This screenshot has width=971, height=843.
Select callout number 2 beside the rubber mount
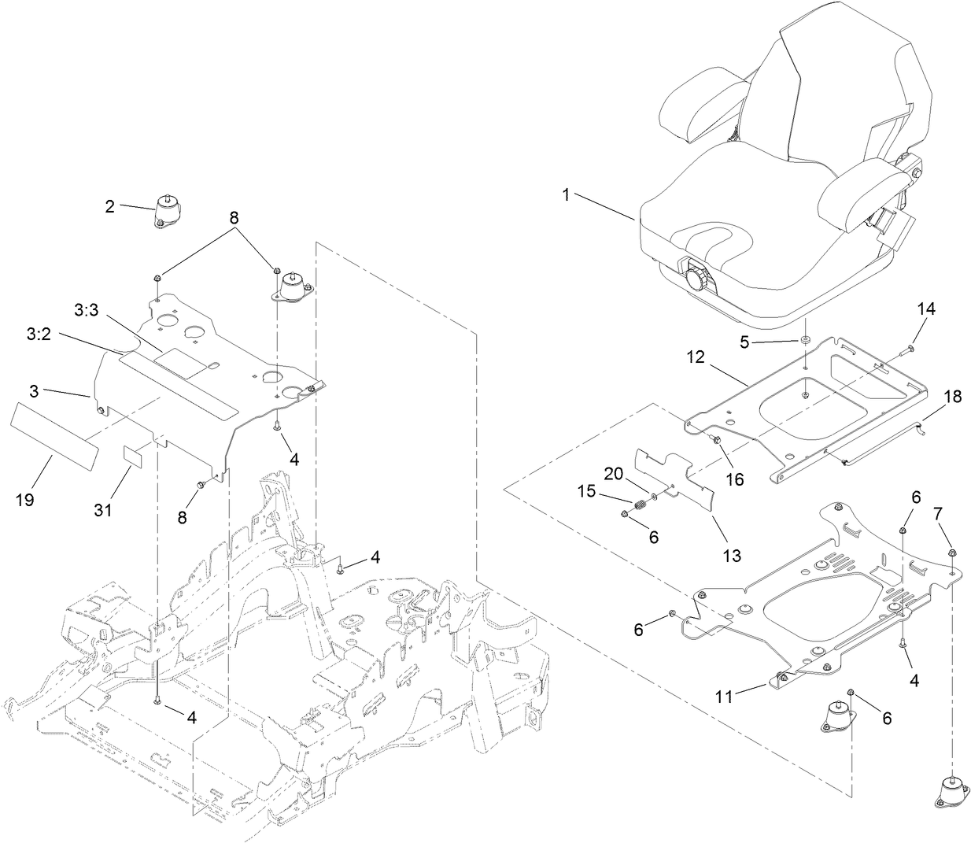click(x=110, y=207)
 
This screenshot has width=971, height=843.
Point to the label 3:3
click(x=87, y=312)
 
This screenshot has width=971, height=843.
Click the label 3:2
click(x=39, y=335)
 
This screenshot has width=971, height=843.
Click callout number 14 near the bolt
click(x=926, y=309)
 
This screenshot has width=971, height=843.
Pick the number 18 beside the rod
click(x=952, y=397)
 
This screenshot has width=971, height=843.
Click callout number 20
click(x=615, y=474)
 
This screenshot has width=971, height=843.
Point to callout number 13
click(x=732, y=556)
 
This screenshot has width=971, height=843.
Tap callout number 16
click(x=734, y=479)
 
